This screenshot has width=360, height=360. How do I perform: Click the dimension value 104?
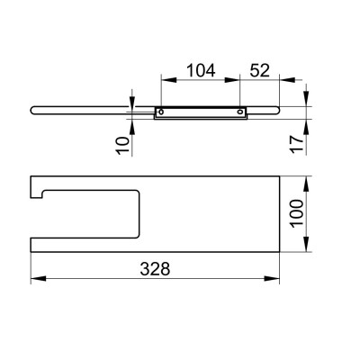coord(201,70)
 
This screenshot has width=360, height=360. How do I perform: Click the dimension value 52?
coord(260,70)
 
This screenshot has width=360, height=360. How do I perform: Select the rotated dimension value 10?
coord(123,145)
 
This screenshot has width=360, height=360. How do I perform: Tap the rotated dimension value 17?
coord(298,144)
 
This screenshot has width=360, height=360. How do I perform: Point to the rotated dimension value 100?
coord(297,213)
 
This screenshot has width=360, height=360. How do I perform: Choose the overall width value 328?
coord(155,269)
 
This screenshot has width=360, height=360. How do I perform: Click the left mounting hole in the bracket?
coord(161,112)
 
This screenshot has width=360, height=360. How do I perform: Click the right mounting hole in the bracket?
coord(240,112)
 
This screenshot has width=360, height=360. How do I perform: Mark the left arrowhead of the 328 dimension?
coord(38,278)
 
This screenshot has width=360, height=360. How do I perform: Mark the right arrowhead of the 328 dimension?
coord(272,278)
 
